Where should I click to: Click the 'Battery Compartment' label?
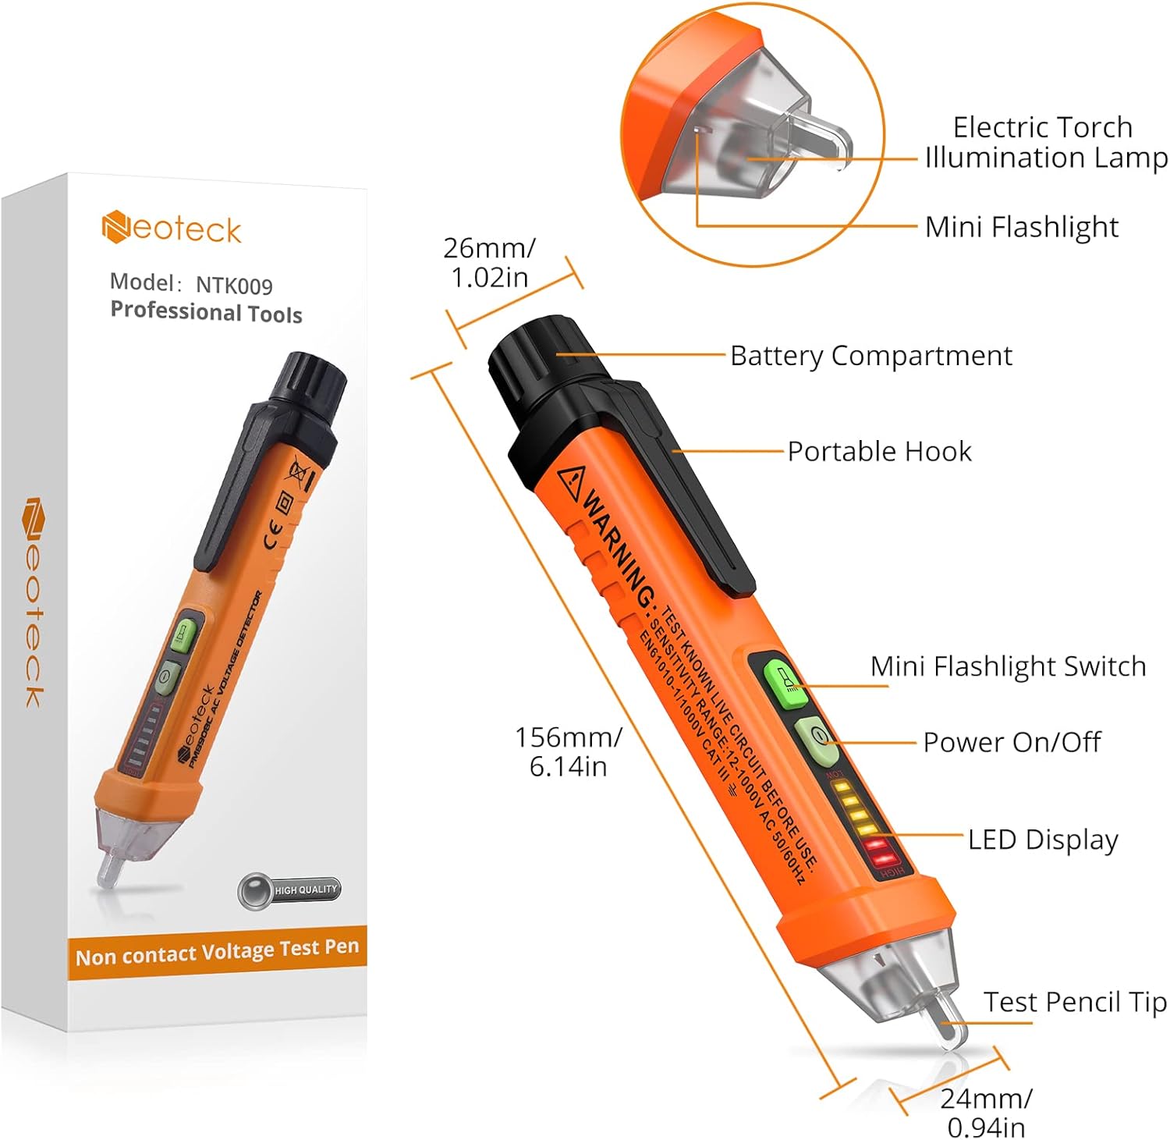(x=870, y=356)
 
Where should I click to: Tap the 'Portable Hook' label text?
(x=879, y=452)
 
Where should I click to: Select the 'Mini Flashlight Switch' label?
(x=1008, y=666)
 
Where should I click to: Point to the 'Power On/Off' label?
(x=1012, y=742)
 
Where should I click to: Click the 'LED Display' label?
(x=1043, y=840)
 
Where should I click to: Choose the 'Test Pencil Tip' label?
(x=1074, y=1002)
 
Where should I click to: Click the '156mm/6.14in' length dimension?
(x=568, y=751)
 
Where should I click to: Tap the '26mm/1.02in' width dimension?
(x=489, y=262)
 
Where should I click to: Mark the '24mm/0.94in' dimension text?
(x=986, y=1112)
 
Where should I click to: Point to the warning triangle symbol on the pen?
(x=571, y=477)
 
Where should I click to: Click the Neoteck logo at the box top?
(x=172, y=229)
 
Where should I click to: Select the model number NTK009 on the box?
(x=234, y=286)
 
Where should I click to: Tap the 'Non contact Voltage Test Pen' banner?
(x=217, y=952)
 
